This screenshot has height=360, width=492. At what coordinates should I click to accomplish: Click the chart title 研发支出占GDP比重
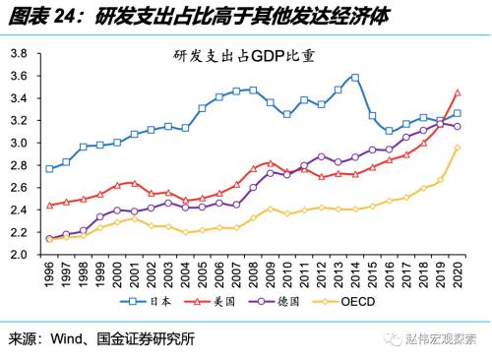pos(246,57)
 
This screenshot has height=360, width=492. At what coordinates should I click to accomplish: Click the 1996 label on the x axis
pos(49,272)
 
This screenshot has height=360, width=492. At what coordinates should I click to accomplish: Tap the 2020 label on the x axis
pos(457,272)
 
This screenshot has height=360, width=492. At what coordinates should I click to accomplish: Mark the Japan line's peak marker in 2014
pos(354,77)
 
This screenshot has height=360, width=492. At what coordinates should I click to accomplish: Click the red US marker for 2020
pos(457,92)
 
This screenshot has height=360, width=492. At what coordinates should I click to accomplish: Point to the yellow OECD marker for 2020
pos(457,148)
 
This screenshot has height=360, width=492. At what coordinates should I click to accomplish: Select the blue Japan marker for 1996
pos(49,168)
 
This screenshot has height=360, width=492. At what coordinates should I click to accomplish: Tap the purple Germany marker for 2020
pos(457,127)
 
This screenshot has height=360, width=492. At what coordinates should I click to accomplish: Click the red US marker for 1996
pos(49,206)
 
